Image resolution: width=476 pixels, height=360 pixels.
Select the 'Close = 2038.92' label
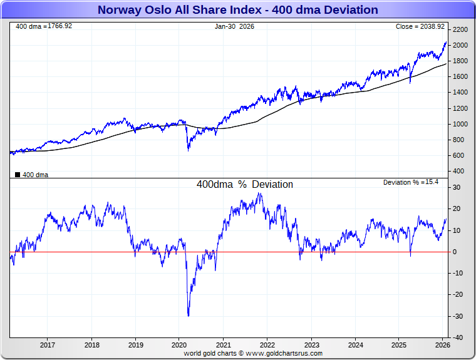click(420, 26)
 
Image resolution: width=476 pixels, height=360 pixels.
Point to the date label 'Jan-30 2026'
click(235, 26)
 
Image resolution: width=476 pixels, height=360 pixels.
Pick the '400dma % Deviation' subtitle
click(244, 185)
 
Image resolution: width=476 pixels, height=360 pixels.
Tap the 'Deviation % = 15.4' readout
click(410, 182)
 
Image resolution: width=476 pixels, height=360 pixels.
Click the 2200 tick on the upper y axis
click(460, 29)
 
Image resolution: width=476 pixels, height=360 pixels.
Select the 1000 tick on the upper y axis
click(460, 124)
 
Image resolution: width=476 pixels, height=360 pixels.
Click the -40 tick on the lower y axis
click(458, 337)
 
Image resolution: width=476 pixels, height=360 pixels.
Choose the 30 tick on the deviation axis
click(458, 187)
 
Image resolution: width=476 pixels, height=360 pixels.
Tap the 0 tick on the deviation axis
click(456, 252)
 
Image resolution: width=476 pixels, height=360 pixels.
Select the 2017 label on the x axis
click(48, 345)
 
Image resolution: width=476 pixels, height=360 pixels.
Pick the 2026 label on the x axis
click(442, 345)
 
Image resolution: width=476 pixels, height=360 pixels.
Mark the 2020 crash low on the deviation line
click(189, 316)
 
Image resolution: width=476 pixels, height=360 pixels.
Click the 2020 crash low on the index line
click(188, 150)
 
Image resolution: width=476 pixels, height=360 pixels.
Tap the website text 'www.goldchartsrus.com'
click(285, 353)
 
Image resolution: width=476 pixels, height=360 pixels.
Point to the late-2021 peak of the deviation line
click(260, 193)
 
